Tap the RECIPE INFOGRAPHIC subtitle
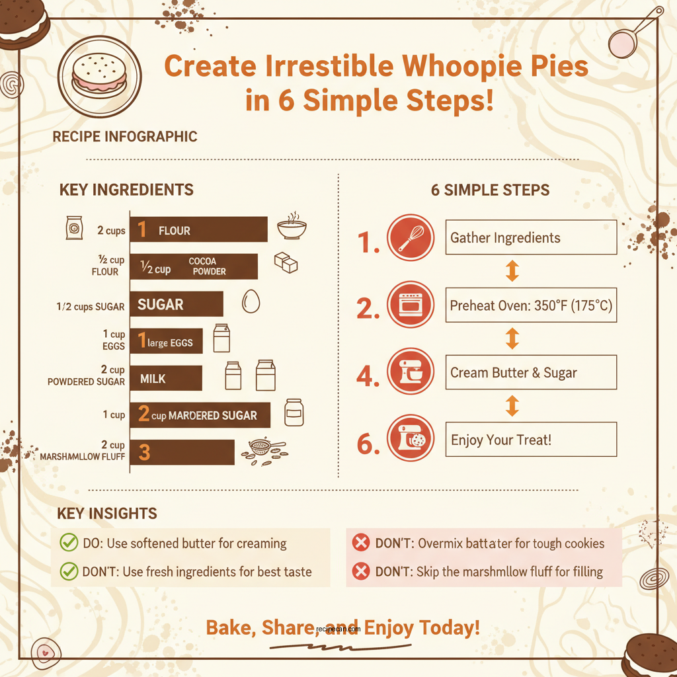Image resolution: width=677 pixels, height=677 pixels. coord(124,137)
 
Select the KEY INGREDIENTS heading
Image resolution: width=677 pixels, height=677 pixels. coord(126,190)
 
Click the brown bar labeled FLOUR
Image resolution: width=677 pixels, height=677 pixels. coord(198,230)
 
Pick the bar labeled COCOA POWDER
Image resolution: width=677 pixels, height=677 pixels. coord(193,266)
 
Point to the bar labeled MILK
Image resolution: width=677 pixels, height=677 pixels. coord(165,378)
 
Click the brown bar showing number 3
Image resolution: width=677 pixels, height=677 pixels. coord(182,452)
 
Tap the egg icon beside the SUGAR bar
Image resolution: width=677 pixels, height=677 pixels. coord(251,301)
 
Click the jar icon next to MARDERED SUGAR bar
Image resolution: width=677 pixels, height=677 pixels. coord(294,413)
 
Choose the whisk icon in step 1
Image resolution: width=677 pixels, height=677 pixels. coord(411,237)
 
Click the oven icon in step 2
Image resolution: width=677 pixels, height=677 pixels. coord(411,305)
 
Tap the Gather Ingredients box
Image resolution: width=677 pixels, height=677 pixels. coord(531,237)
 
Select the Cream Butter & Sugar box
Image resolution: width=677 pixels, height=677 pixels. coord(531,372)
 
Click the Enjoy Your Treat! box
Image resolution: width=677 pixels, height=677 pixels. coord(531,440)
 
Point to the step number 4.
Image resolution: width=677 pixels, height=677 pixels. coord(368,374)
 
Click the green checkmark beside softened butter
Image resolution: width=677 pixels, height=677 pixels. coord(69,543)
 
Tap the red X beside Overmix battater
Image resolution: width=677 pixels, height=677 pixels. coord(360,543)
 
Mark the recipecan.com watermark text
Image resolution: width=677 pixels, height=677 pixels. coord(338,629)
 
